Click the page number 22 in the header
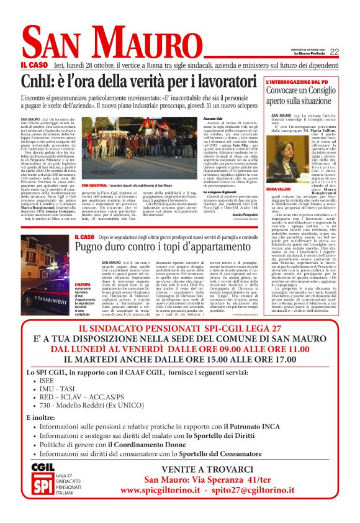pos(334,52)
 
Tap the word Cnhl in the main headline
pos(38,82)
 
